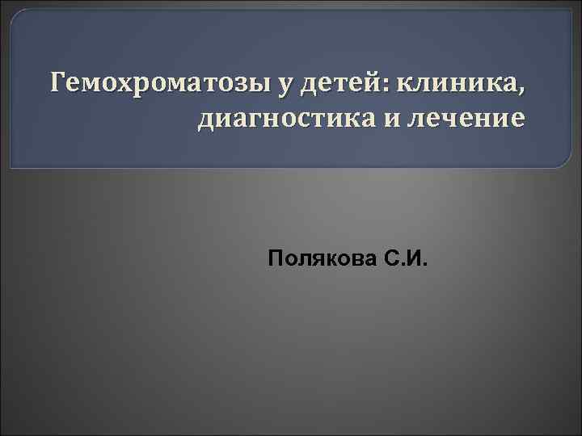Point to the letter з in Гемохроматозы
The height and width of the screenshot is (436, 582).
[x=213, y=84]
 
